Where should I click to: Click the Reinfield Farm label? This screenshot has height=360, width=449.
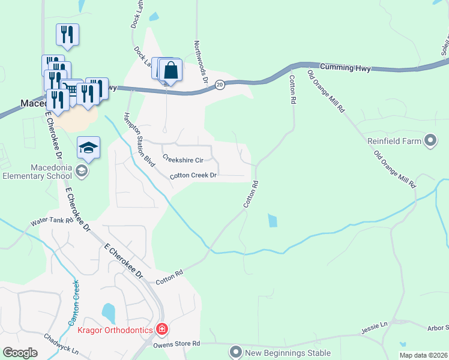click(395, 142)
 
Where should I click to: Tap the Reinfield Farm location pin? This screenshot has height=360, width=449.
click(430, 142)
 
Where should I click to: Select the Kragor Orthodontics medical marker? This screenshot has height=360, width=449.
click(161, 329)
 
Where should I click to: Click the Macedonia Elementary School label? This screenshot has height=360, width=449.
click(37, 172)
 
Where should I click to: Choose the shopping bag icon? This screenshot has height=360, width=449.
click(171, 70)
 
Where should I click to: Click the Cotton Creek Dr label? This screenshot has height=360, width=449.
click(193, 176)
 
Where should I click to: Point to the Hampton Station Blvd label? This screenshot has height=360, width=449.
click(138, 139)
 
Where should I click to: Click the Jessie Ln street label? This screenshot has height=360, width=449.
click(375, 328)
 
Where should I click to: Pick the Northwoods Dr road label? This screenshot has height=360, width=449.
click(201, 61)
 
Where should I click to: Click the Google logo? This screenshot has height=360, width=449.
click(20, 353)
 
